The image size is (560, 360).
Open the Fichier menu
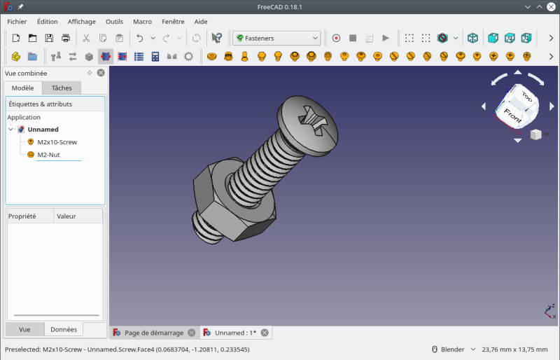(16, 22)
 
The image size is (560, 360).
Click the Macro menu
(142, 22)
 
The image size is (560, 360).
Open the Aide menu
(201, 22)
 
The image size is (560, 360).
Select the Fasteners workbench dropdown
(277, 38)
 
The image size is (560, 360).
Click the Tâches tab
(62, 88)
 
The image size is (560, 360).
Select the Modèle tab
(22, 88)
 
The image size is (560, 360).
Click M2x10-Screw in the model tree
(57, 142)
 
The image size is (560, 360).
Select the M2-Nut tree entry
(48, 155)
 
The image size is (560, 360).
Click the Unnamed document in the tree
(43, 130)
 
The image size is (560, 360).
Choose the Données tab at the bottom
(64, 329)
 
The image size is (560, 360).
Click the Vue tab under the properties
(24, 329)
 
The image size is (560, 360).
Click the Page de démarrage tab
(153, 333)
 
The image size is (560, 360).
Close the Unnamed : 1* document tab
(264, 333)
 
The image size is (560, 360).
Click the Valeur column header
(66, 216)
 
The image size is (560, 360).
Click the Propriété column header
(22, 216)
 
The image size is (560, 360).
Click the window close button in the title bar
(550, 6)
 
